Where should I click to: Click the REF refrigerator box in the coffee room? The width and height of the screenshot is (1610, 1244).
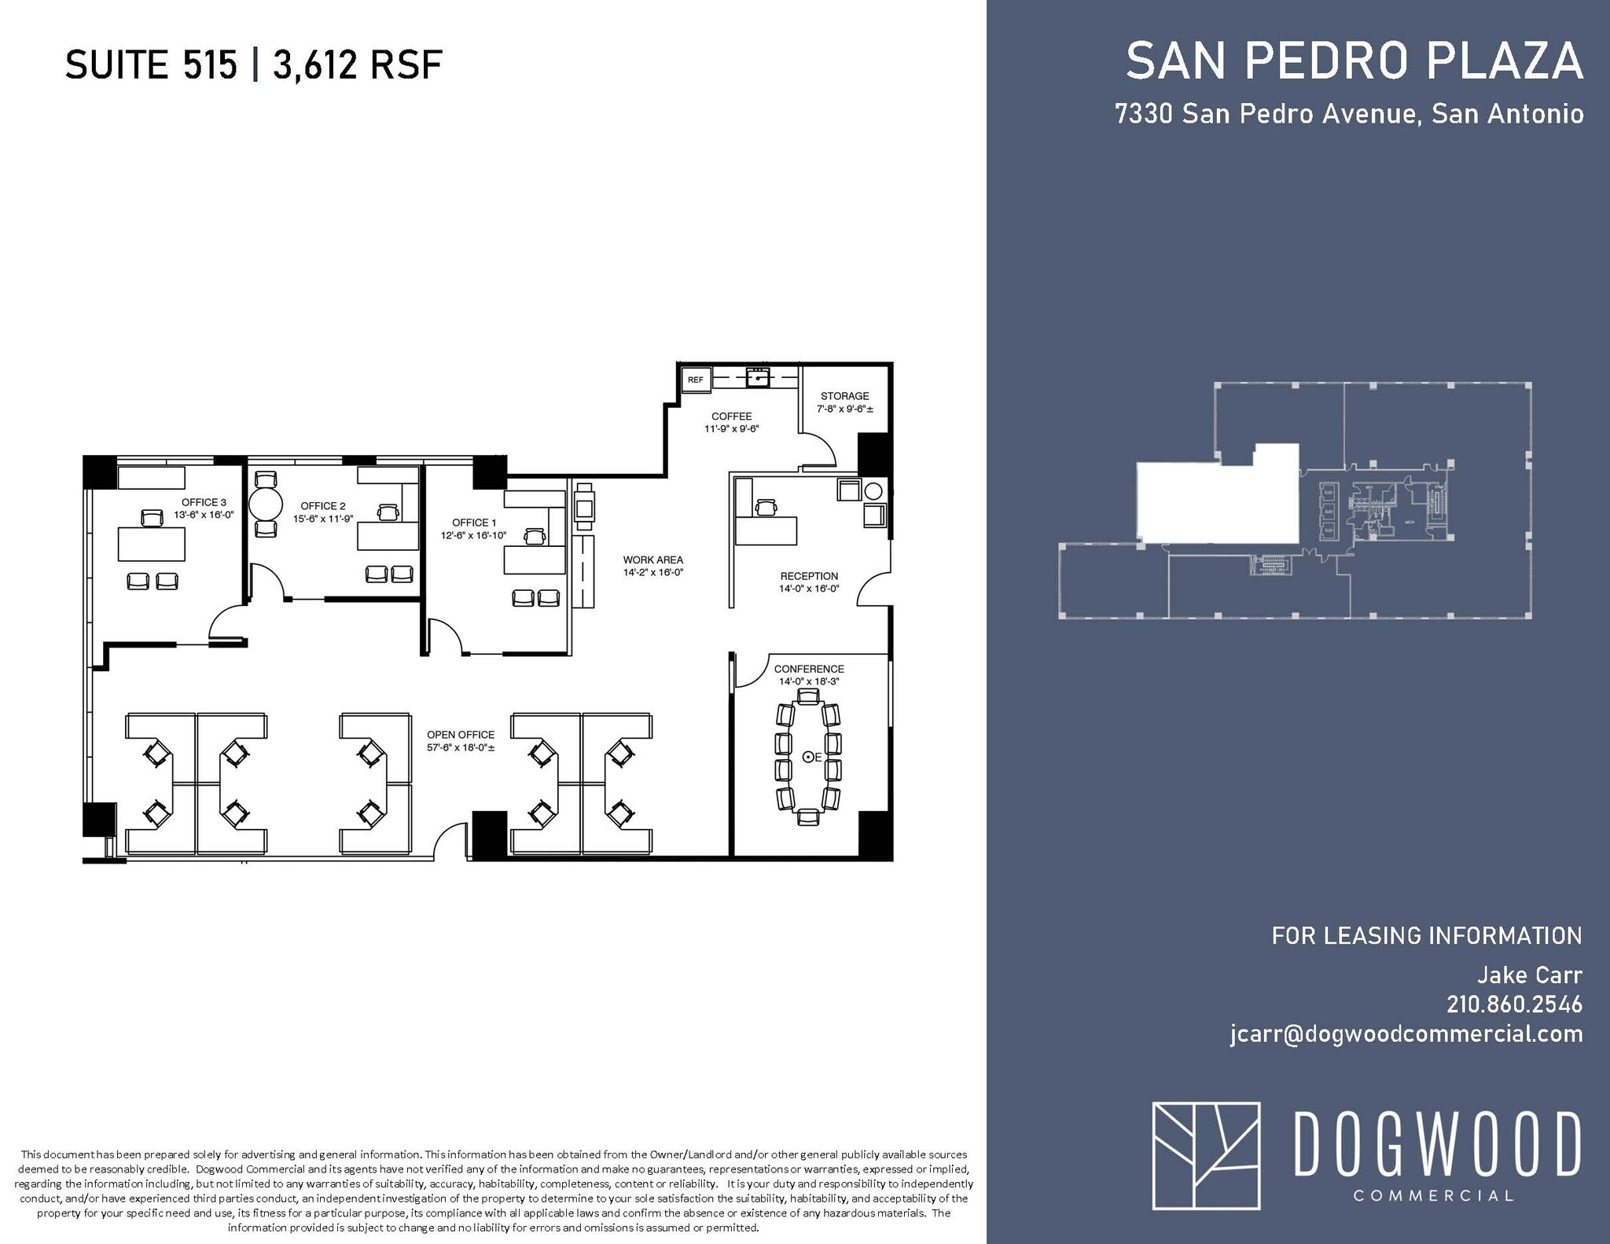696,380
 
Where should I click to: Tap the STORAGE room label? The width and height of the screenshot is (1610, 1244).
844,396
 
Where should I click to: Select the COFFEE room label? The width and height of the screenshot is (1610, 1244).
731,417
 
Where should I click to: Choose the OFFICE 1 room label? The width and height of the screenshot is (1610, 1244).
474,523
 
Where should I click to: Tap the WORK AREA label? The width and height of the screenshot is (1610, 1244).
652,560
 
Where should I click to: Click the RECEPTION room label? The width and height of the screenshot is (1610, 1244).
809,576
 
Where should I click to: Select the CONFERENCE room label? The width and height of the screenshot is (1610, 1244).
809,669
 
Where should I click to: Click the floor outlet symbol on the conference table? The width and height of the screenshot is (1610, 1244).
807,757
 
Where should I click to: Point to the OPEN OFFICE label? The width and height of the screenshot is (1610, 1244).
461,735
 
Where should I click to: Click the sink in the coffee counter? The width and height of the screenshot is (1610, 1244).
758,379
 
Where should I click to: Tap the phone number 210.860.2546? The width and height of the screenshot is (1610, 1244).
1514,1004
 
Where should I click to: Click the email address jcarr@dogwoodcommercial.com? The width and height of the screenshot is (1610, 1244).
1406,1034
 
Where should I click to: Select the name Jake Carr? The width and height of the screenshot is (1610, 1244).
1529,975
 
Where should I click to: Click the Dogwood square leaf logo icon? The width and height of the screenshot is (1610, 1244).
1206,1155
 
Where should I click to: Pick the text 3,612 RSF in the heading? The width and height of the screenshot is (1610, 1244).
358,64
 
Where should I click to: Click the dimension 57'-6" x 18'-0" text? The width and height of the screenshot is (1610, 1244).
461,748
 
